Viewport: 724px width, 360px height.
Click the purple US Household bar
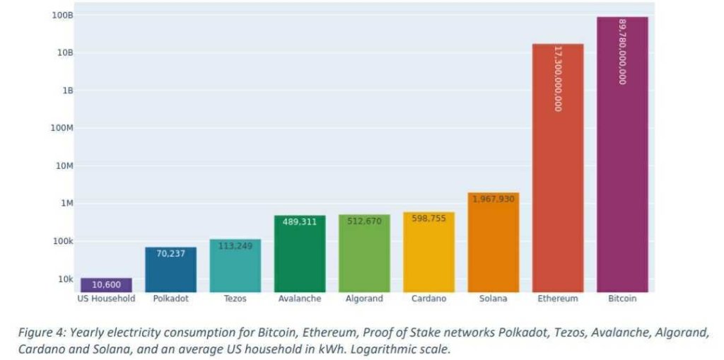pyautogui.click(x=106, y=285)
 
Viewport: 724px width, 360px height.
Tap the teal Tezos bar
pyautogui.click(x=235, y=266)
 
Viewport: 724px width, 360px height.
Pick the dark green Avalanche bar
pyautogui.click(x=300, y=254)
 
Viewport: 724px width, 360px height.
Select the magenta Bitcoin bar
pyautogui.click(x=622, y=156)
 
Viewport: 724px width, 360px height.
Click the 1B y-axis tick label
pyautogui.click(x=66, y=91)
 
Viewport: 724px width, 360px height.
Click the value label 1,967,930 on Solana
pyautogui.click(x=494, y=199)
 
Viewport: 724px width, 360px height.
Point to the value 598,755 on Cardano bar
pyautogui.click(x=428, y=219)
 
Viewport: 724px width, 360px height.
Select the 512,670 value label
pyautogui.click(x=364, y=221)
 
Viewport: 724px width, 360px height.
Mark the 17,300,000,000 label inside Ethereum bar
pyautogui.click(x=558, y=79)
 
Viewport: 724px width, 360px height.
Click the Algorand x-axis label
pyautogui.click(x=364, y=298)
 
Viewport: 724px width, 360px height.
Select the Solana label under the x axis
pyautogui.click(x=494, y=298)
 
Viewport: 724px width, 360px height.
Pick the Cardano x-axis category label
pyautogui.click(x=428, y=298)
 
